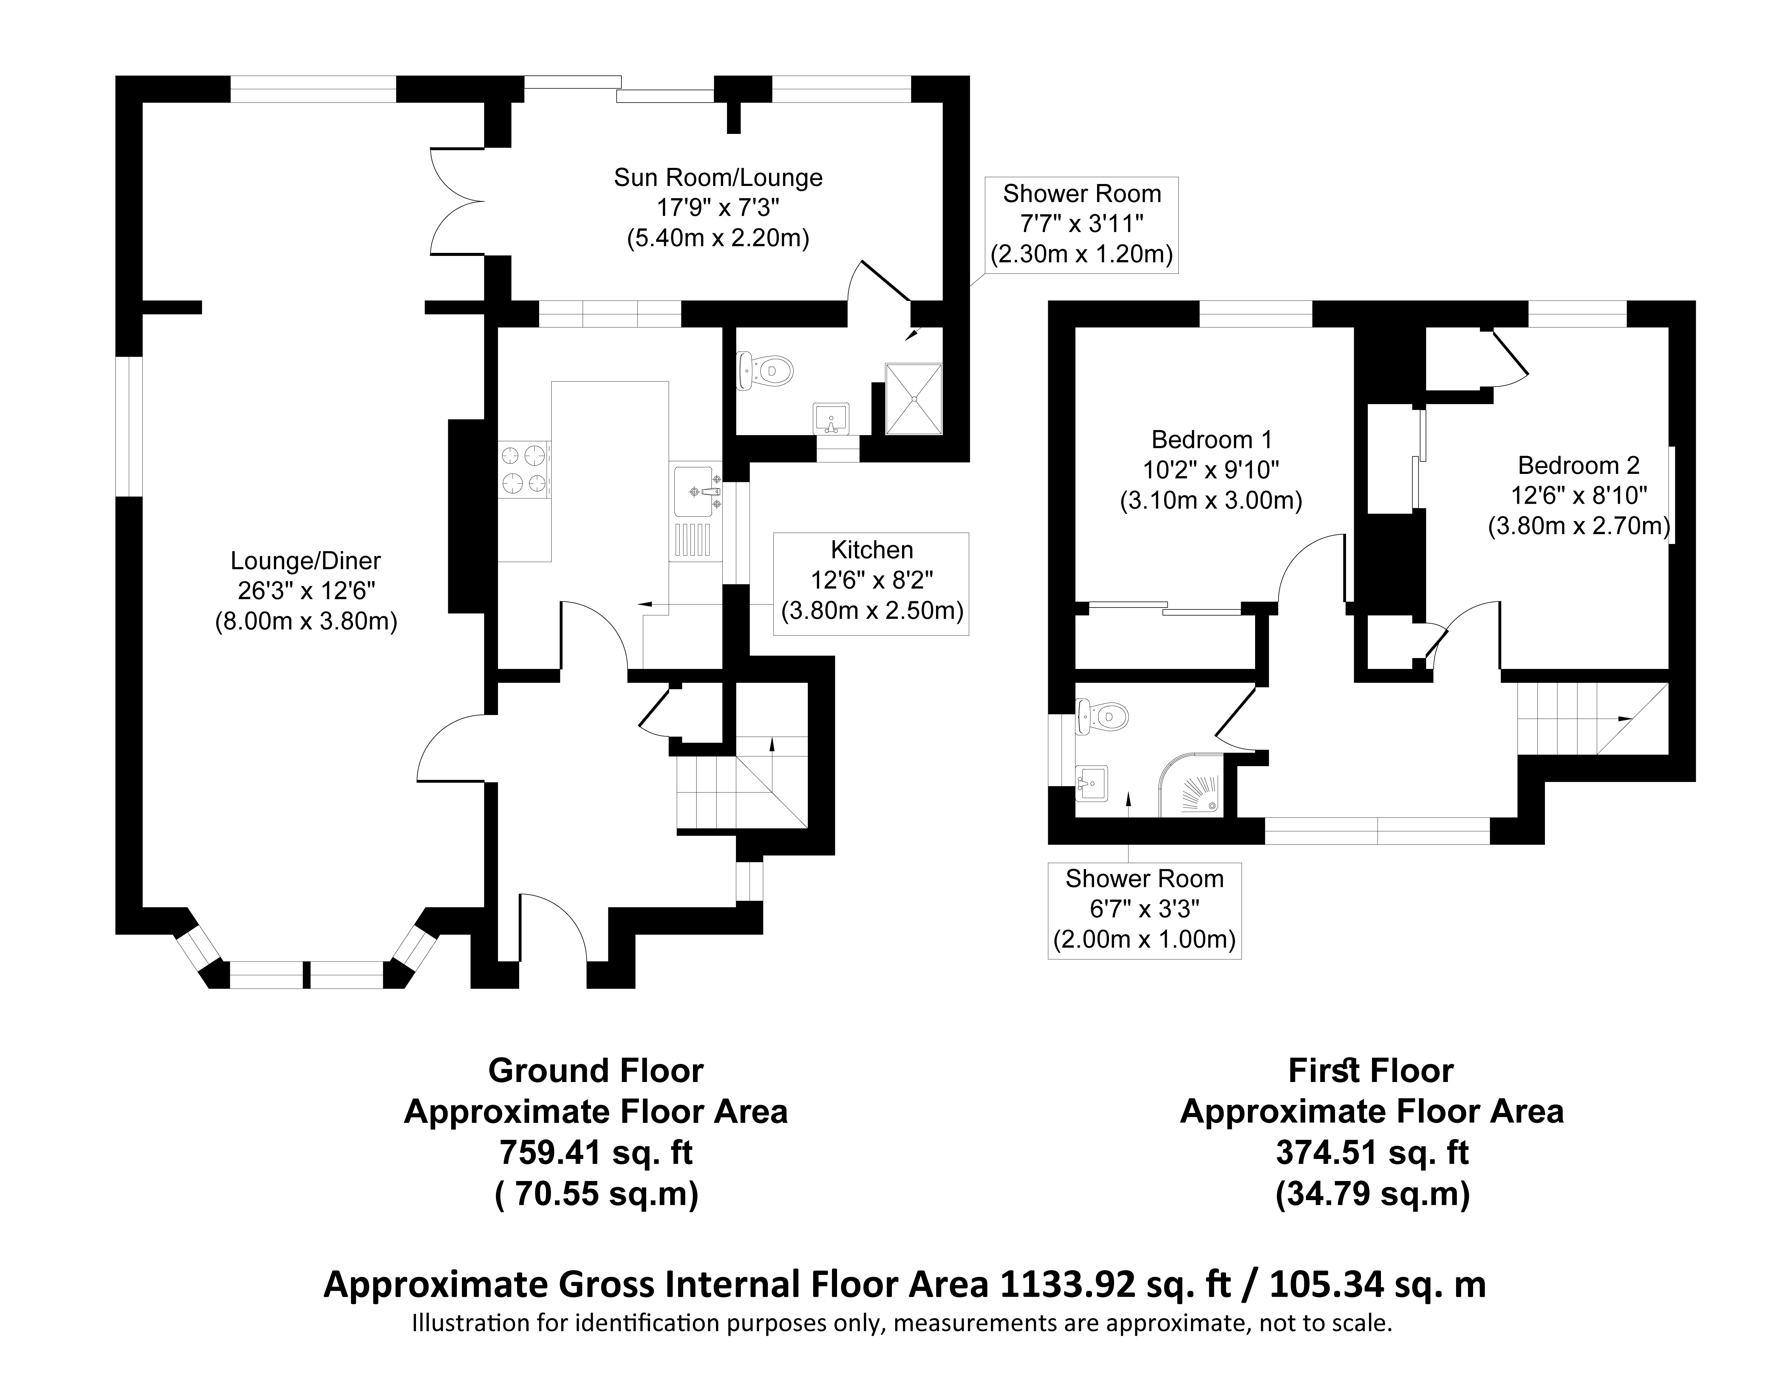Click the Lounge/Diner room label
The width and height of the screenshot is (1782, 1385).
(x=306, y=561)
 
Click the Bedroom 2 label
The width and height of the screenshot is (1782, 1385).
(x=1579, y=465)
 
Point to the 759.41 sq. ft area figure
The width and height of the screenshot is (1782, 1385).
(x=595, y=1152)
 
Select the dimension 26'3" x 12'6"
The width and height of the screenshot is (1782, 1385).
(x=306, y=591)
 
